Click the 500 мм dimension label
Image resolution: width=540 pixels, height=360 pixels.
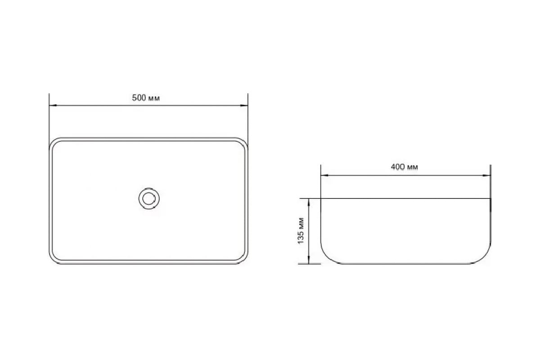[146, 98]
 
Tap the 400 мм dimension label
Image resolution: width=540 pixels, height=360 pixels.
[404, 167]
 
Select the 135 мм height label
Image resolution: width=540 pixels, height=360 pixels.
[301, 230]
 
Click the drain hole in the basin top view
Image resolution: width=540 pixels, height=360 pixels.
[149, 198]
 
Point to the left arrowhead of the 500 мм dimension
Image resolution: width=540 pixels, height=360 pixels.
[53, 105]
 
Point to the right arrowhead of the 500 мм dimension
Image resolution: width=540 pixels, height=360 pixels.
[244, 105]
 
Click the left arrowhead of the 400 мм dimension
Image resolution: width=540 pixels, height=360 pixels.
[324, 175]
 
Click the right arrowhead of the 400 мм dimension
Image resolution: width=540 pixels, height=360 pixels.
[487, 175]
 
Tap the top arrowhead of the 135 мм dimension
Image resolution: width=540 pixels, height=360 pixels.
[309, 202]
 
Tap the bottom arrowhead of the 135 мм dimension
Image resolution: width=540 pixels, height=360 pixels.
[309, 260]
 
